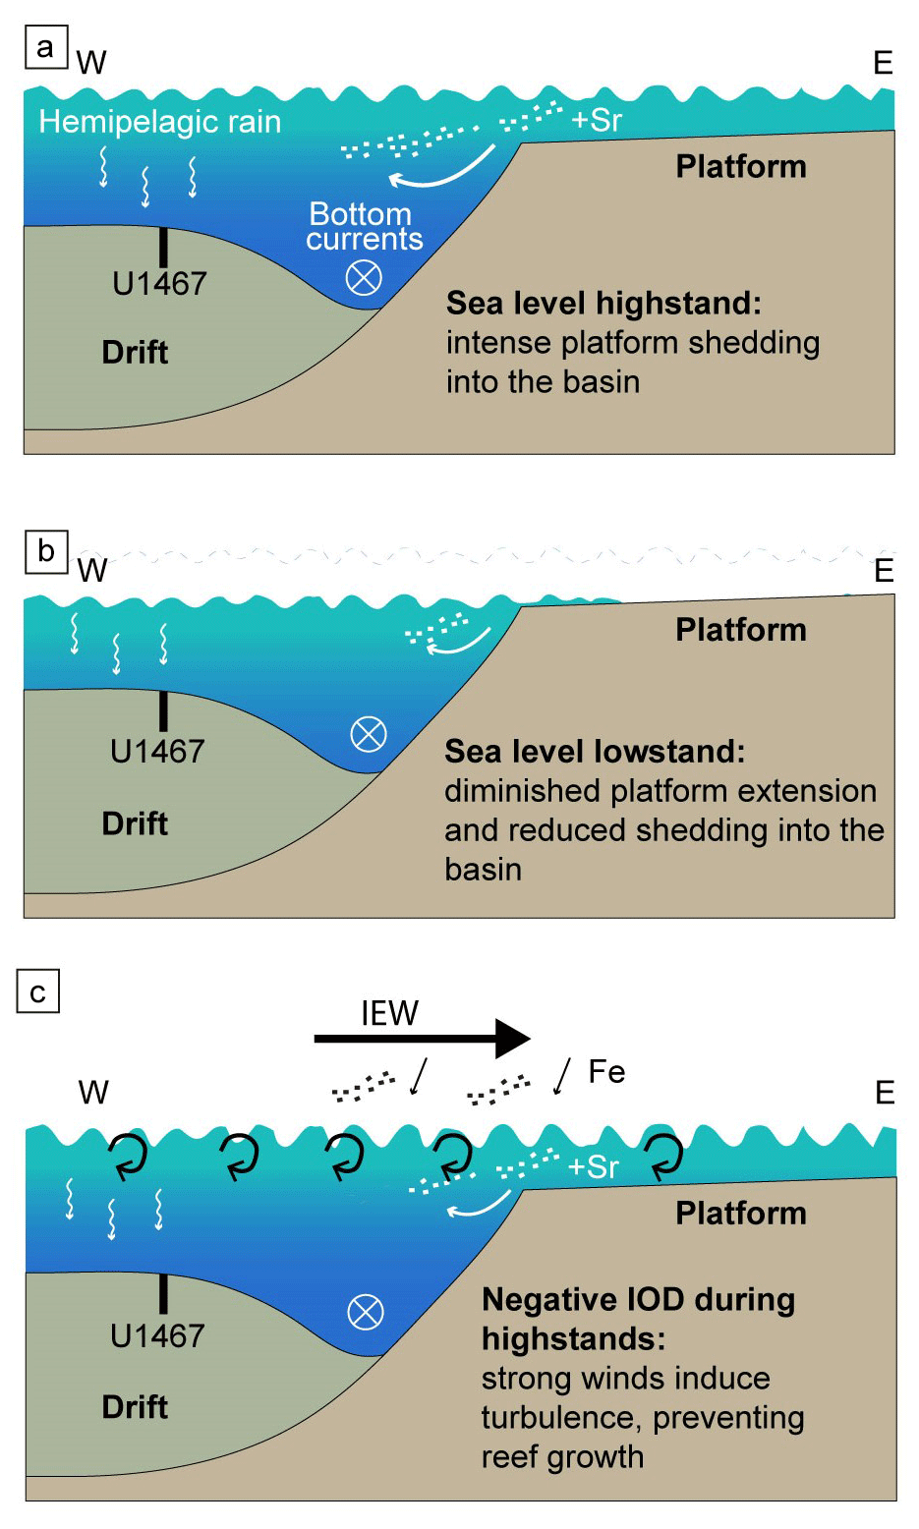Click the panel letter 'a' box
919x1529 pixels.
click(45, 47)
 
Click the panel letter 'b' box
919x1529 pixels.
click(45, 551)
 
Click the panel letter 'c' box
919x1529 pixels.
click(38, 991)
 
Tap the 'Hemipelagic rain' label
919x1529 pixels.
click(159, 122)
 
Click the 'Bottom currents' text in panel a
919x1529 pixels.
click(363, 227)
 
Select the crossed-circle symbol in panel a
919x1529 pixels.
click(364, 278)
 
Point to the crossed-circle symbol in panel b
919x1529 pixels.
click(369, 733)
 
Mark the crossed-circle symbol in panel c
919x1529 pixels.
click(366, 1312)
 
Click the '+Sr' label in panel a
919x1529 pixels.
click(597, 120)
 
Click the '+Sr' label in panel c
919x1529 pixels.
click(594, 1166)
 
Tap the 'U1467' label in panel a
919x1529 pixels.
click(159, 284)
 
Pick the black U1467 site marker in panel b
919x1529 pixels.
click(163, 710)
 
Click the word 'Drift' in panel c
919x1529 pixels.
click(135, 1406)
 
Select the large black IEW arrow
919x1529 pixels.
click(422, 1038)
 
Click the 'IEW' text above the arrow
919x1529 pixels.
click(389, 1013)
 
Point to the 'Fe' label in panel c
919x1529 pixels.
click(606, 1071)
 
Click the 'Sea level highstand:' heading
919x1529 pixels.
click(603, 304)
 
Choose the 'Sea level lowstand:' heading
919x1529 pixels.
click(595, 752)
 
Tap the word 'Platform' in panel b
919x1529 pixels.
click(740, 630)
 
